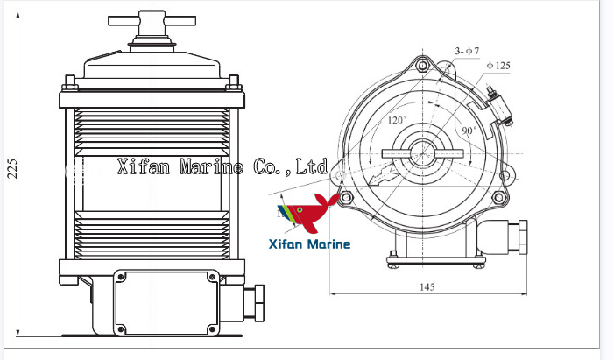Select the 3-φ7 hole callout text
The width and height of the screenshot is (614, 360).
click(466, 52)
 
